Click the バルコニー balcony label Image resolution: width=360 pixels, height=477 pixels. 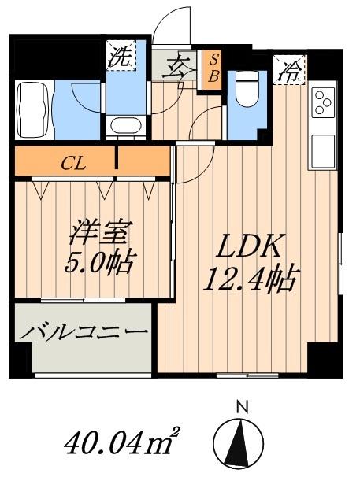pos(84,332)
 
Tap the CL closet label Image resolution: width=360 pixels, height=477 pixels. pos(76,164)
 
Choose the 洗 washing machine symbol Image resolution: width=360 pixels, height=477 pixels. pos(120,56)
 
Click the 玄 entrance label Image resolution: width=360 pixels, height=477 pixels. pos(176,65)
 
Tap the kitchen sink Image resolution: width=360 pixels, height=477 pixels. pos(323,147)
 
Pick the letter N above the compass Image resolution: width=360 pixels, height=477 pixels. pos(243,407)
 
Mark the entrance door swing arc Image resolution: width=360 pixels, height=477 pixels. pos(167,27)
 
